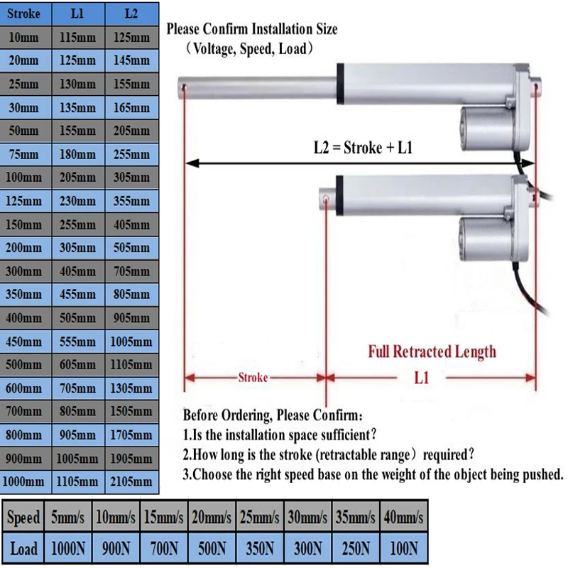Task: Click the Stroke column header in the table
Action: (x=26, y=13)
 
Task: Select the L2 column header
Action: (x=131, y=13)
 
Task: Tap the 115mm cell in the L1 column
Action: (x=78, y=37)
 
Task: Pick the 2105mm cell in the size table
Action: (x=131, y=482)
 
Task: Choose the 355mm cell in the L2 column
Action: (x=131, y=201)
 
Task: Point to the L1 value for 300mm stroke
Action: (x=78, y=271)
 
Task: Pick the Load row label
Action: (x=23, y=548)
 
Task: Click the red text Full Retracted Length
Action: (x=431, y=351)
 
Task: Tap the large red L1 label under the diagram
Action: (x=422, y=377)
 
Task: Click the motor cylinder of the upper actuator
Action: (x=490, y=120)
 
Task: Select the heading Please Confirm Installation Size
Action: (x=252, y=29)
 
